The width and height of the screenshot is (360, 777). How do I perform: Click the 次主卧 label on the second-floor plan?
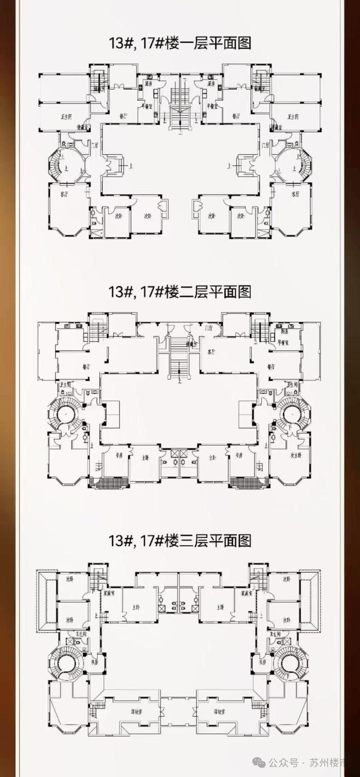pos(296,456)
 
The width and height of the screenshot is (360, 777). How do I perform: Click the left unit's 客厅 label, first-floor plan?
pos(64,194)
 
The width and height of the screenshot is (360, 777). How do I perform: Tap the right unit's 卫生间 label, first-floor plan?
pos(293,117)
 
